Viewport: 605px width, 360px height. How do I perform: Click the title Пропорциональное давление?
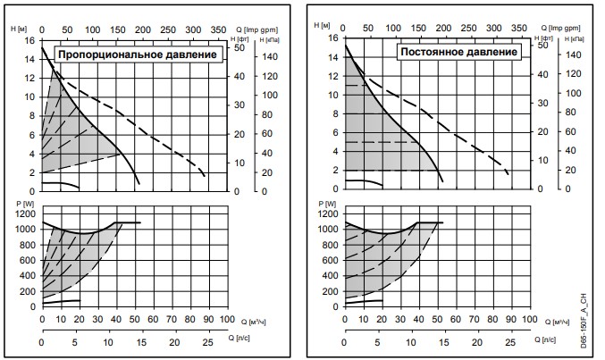(139, 55)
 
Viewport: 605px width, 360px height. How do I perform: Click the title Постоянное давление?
(459, 52)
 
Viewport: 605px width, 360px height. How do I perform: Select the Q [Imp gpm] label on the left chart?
(256, 30)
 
